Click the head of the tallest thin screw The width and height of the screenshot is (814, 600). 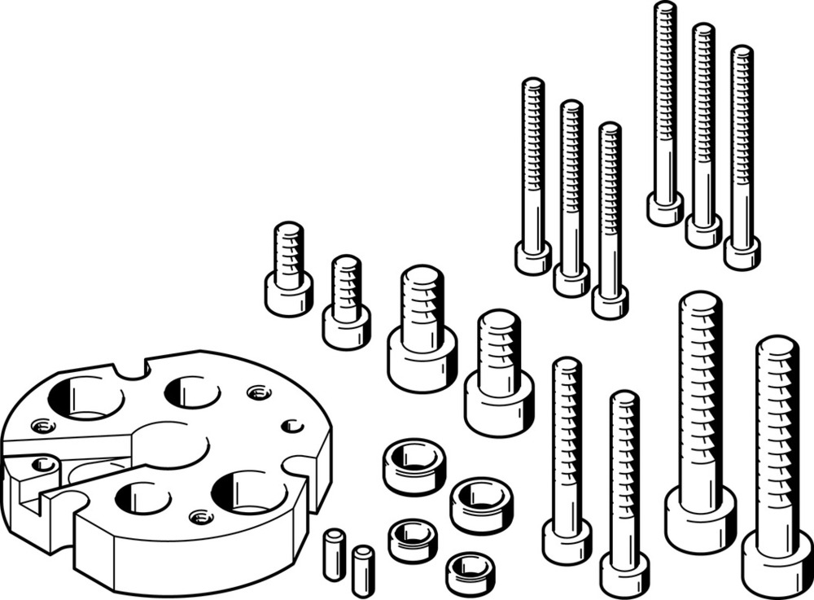665,208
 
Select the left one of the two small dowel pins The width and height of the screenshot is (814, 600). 334,554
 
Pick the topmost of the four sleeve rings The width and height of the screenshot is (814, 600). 414,466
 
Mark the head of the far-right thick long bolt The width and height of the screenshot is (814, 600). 777,563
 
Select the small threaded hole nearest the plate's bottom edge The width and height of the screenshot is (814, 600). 201,516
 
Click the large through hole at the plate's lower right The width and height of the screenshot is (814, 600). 248,492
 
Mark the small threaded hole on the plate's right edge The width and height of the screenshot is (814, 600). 292,426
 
